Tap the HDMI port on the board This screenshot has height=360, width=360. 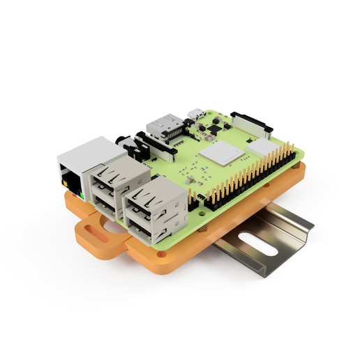(x=164, y=127)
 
